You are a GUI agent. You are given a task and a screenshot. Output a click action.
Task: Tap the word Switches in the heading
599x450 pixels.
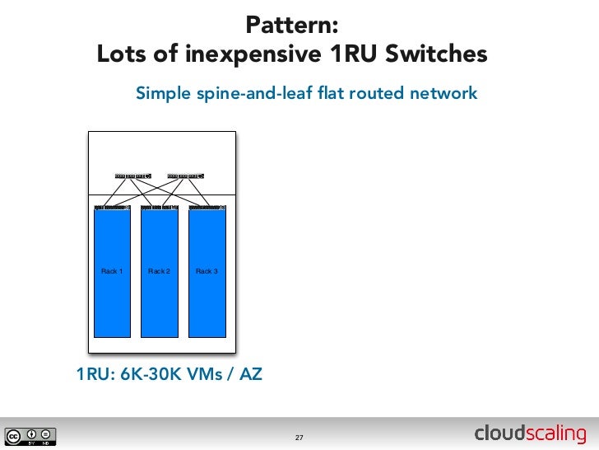click(433, 54)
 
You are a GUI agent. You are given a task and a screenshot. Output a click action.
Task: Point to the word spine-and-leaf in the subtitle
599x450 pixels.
click(271, 93)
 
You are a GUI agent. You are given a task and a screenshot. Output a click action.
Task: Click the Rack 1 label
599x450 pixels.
click(112, 271)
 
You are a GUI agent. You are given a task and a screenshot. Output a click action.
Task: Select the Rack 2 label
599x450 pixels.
click(159, 271)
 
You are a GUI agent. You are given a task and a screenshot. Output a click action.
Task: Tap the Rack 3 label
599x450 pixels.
click(207, 271)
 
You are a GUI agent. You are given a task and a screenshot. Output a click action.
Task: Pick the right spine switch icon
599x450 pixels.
click(185, 176)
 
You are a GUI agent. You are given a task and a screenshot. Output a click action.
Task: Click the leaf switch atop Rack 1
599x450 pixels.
click(113, 207)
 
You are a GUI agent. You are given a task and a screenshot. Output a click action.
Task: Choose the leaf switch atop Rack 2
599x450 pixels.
click(160, 207)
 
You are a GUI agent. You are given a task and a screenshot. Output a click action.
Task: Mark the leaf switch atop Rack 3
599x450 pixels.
click(207, 207)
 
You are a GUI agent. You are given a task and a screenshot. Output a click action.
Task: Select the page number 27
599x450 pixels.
click(299, 437)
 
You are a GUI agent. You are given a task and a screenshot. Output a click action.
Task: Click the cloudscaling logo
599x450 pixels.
click(530, 434)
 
